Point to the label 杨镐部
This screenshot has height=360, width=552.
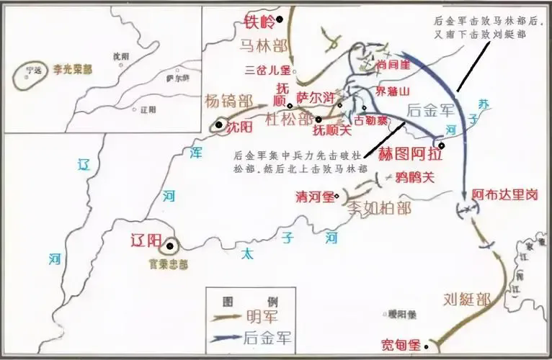pos(228,102)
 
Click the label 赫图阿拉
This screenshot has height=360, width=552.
pos(409,153)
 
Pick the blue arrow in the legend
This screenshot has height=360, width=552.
pos(225,336)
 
